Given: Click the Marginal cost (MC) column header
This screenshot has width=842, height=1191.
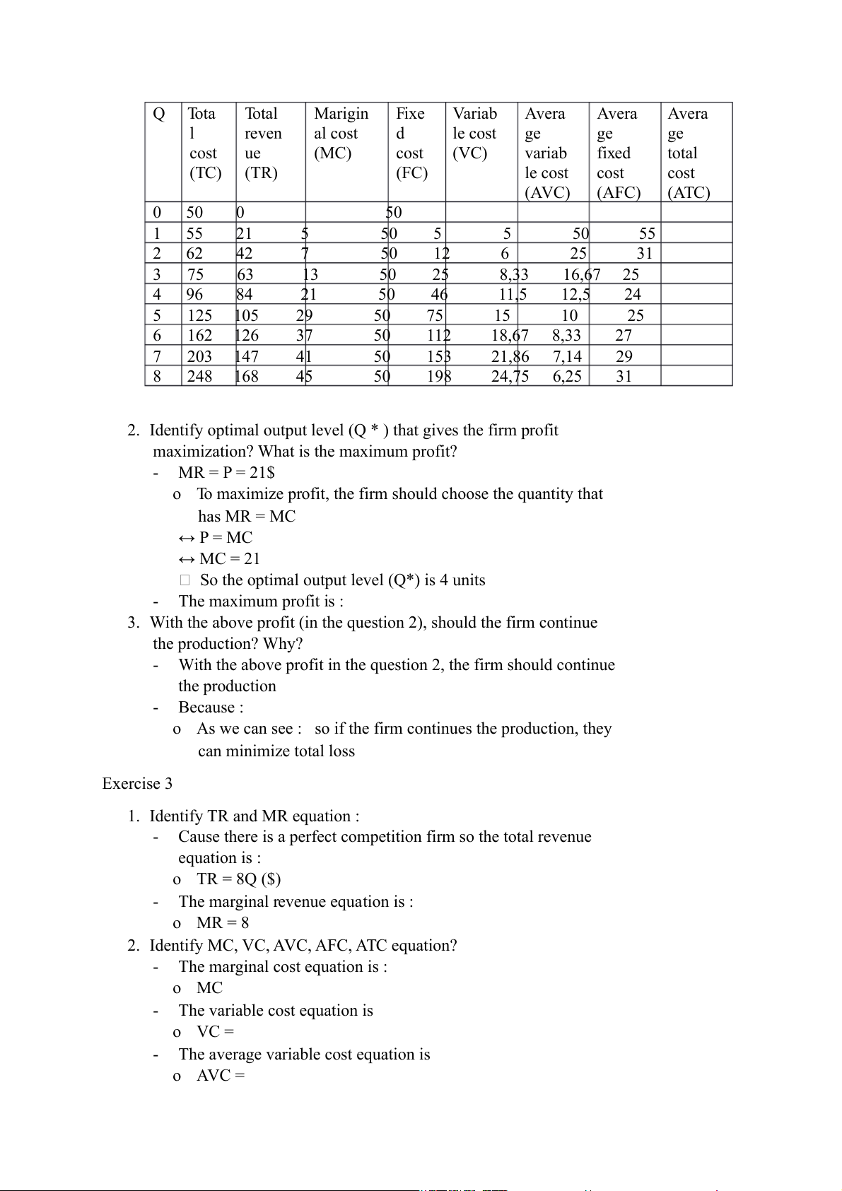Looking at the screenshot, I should pos(341,134).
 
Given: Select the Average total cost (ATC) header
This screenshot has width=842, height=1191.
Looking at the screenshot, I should pos(689,153).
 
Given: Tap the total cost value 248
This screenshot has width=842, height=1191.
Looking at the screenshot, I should pos(199,376).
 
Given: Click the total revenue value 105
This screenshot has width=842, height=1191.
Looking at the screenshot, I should pos(247,315).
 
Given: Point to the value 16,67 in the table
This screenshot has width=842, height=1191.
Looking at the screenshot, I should pos(581,274).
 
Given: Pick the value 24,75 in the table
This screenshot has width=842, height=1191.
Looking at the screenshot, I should pos(510,376).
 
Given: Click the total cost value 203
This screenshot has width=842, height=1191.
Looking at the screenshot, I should pos(199,356).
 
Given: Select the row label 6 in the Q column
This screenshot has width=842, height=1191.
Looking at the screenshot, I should pos(157,336).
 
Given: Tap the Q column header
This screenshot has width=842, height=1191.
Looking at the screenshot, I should pos(159,114).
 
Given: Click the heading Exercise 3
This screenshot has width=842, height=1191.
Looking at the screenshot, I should pos(137,783).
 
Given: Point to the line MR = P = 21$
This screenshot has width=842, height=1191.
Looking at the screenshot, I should pos(226,472).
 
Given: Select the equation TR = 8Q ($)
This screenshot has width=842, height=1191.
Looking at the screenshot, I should pos(238,879).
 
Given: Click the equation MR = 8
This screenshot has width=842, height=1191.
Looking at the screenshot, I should pos(223,922).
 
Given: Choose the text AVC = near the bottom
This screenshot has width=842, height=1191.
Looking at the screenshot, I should pos(221,1075).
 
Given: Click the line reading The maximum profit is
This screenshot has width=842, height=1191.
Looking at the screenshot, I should pos(261,601).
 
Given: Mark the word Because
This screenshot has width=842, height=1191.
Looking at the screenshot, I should pos(211,707).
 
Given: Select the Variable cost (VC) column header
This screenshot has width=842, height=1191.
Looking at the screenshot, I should pos(474,134).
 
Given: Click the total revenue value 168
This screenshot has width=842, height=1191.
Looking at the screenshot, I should pos(247,376).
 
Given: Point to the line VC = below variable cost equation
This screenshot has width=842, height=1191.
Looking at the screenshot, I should pos(215,1031).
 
